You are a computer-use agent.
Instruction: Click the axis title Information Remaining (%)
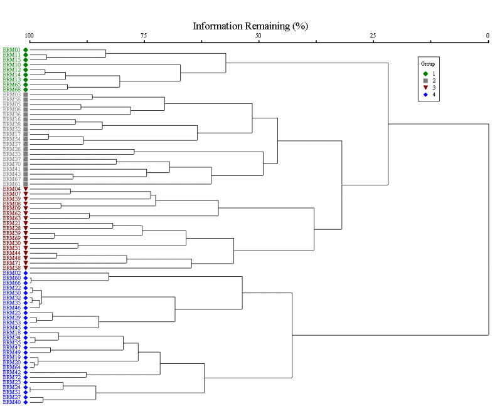coord(250,26)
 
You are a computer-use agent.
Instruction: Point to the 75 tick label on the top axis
coord(144,36)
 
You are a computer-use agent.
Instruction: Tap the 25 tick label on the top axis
coord(373,36)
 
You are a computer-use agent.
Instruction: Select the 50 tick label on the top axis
coord(258,36)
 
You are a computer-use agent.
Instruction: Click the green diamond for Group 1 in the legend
coord(425,73)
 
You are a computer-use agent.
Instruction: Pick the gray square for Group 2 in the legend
coord(425,80)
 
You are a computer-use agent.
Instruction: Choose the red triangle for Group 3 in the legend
coord(425,87)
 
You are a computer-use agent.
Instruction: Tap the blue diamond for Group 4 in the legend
coord(425,94)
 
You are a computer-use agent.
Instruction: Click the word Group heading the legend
coord(428,64)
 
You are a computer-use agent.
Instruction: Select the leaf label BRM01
coord(12,49)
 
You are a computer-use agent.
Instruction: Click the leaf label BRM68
coord(12,90)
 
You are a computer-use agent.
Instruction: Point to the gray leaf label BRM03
coord(12,95)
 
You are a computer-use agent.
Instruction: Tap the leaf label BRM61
coord(12,184)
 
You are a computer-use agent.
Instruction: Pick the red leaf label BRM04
coord(12,189)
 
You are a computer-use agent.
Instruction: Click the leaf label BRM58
coord(12,268)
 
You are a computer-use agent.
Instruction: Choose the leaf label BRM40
coord(12,402)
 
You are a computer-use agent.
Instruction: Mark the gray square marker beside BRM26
coord(26,149)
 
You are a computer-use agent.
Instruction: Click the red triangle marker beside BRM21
coord(26,224)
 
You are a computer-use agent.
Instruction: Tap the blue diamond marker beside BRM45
coord(26,328)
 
